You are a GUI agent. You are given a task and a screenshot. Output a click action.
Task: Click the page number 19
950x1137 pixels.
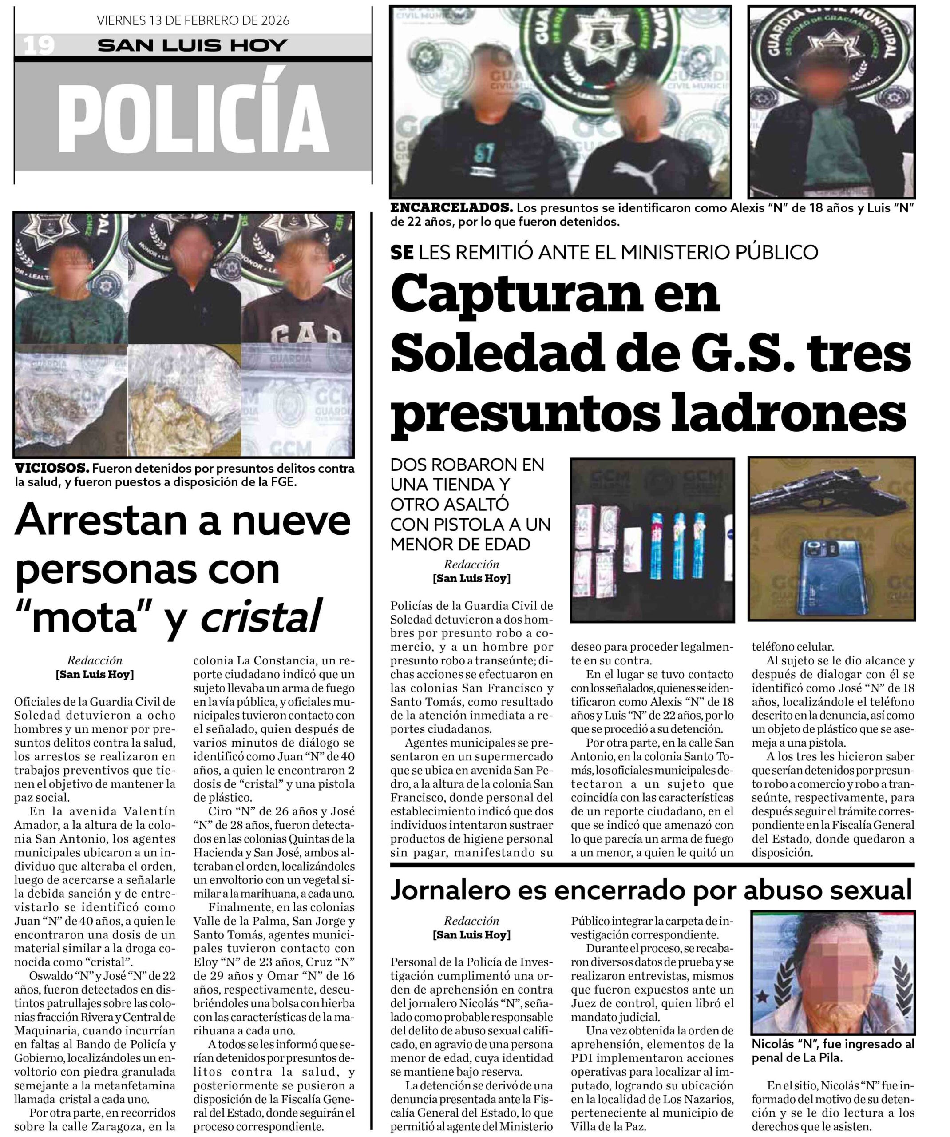[39, 45]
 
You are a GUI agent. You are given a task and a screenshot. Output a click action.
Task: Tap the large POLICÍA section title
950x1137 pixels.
[193, 119]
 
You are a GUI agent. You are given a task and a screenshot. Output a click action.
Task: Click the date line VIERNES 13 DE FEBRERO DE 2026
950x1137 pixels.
[193, 20]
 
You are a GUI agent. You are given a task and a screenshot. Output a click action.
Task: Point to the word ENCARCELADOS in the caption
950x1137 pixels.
[451, 208]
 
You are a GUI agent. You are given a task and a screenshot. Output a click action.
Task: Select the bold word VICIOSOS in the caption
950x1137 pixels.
[51, 468]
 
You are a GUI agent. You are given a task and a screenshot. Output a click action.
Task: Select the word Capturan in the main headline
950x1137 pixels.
[554, 294]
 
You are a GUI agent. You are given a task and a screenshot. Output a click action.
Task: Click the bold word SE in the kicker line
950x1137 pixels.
[402, 252]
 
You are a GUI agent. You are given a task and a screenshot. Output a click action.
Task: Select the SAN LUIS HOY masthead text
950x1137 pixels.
[193, 45]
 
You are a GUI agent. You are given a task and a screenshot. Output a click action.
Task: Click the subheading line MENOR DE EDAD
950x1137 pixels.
[460, 544]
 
